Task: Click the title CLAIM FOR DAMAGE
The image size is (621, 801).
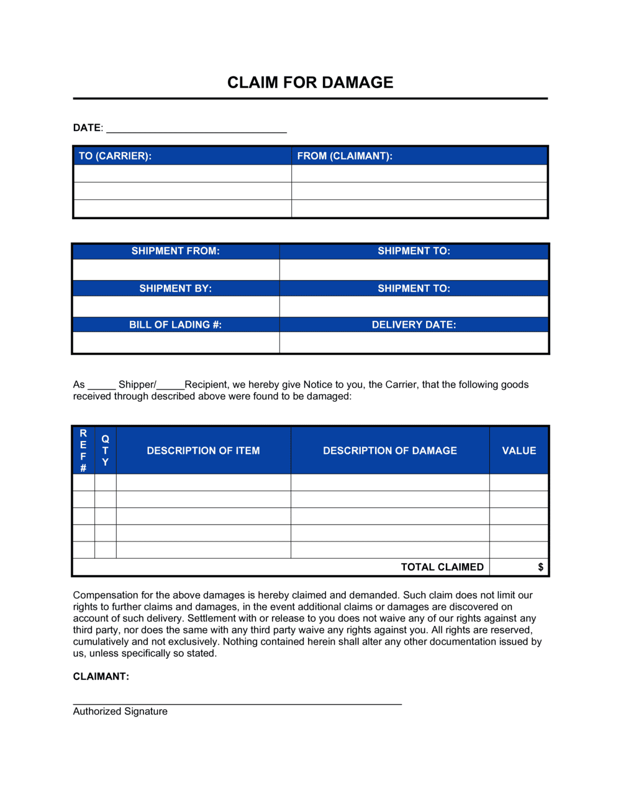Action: coord(310,83)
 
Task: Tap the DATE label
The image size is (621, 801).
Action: coord(87,128)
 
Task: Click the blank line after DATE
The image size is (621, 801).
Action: coord(196,129)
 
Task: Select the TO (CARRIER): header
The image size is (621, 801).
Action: coord(115,156)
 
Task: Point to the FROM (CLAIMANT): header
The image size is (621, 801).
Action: coord(345,156)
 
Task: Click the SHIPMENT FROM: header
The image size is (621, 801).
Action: coord(175,251)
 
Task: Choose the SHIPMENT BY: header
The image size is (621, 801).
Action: coord(175,288)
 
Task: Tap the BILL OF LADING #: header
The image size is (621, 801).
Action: coord(175,325)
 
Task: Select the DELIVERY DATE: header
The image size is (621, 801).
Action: coord(414,325)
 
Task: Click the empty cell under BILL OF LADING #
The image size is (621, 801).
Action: coord(176,342)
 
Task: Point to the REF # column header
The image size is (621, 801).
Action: coord(83,450)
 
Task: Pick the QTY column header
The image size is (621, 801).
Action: coord(105,450)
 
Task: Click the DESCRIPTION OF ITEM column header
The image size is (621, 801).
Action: coord(203,451)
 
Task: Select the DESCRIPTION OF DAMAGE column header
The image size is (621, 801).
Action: coord(390,451)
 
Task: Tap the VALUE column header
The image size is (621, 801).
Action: coord(519,451)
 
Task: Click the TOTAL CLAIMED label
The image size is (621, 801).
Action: coord(442,567)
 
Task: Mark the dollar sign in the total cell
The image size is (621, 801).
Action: coord(540,567)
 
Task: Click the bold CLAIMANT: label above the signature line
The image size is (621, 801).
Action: coord(101,676)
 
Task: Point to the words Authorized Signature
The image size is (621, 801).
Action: coord(120,712)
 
